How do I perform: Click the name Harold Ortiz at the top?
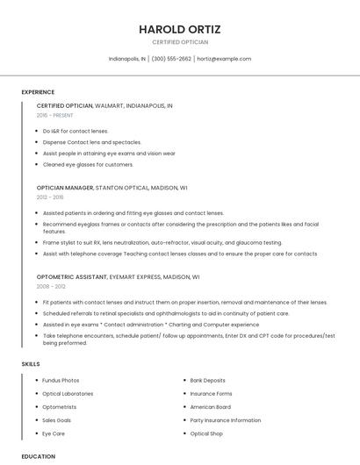coord(179,29)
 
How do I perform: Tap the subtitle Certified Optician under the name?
coord(179,42)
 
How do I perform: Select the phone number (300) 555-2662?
coord(171,59)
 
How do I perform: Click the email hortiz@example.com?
coord(224,59)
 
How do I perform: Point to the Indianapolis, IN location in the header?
coord(127,59)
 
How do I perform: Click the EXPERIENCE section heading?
coord(38,92)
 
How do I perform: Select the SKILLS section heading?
coord(31,364)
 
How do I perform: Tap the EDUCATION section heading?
coord(39,456)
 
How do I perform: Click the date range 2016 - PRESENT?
coord(55,115)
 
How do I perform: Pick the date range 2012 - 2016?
coord(50,197)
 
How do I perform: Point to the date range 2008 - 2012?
coord(51,286)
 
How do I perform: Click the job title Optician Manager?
coord(65,188)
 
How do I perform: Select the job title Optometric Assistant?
coord(71,276)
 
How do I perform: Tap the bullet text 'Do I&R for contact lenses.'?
coord(76,131)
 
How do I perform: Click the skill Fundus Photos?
coord(61,381)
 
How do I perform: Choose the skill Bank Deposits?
coord(207,381)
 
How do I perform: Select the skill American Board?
coord(211,407)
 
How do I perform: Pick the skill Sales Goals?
coord(57,420)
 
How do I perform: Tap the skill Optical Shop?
coord(206,433)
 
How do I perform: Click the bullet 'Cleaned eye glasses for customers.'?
coord(88,164)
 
